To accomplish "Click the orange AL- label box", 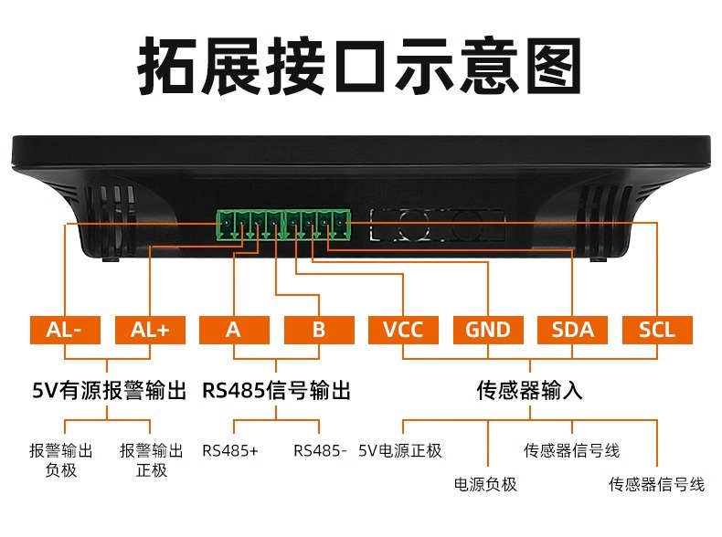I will [x=65, y=330].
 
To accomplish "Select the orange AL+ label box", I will [x=150, y=330].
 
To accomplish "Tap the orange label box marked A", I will [x=234, y=330].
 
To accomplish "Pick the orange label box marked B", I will [x=318, y=330].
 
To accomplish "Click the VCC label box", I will [x=403, y=330].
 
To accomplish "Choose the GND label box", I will [x=488, y=330].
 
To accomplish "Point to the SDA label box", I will [x=572, y=330].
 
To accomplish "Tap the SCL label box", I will [x=657, y=330].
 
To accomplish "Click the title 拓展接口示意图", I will [x=360, y=66].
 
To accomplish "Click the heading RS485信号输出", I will [x=276, y=392].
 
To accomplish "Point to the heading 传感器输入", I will [x=529, y=392].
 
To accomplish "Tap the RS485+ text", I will [x=230, y=450].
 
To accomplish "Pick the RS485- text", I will [x=320, y=450].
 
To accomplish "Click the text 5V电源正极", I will [x=400, y=450].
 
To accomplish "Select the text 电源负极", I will [x=486, y=484].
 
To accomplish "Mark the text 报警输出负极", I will [x=61, y=460].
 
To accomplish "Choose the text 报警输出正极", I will [x=152, y=460].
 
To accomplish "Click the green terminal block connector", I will [x=284, y=225].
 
